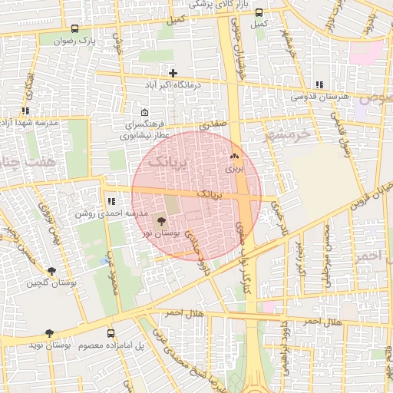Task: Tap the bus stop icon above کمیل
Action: click(259, 12)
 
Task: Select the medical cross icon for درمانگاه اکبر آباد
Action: click(173, 73)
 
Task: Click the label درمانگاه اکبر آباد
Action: click(173, 84)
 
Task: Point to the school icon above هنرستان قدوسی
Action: click(319, 85)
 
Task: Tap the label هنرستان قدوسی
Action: click(319, 97)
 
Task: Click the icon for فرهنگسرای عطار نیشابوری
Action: click(144, 112)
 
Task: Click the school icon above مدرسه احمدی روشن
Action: click(111, 201)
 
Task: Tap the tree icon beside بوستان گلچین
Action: click(51, 271)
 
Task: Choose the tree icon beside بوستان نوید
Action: click(50, 334)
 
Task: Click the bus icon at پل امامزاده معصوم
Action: click(111, 334)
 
